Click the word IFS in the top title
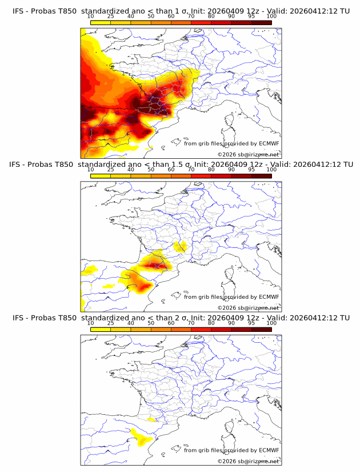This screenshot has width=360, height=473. click(19, 11)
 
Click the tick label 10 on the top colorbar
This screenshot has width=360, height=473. click(91, 17)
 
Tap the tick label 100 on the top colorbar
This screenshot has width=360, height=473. click(271, 17)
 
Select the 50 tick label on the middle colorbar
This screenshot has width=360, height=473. click(151, 170)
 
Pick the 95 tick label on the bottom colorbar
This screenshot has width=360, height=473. click(251, 323)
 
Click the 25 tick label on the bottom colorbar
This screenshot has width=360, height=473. click(111, 323)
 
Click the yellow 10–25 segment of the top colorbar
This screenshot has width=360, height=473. click(101, 22)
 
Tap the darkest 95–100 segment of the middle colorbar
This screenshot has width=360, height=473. click(261, 175)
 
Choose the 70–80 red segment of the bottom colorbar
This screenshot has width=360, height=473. click(201, 328)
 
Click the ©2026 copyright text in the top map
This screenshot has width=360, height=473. click(248, 155)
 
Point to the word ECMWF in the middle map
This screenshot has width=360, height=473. click(269, 297)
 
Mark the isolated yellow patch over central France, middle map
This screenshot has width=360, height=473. click(181, 247)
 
